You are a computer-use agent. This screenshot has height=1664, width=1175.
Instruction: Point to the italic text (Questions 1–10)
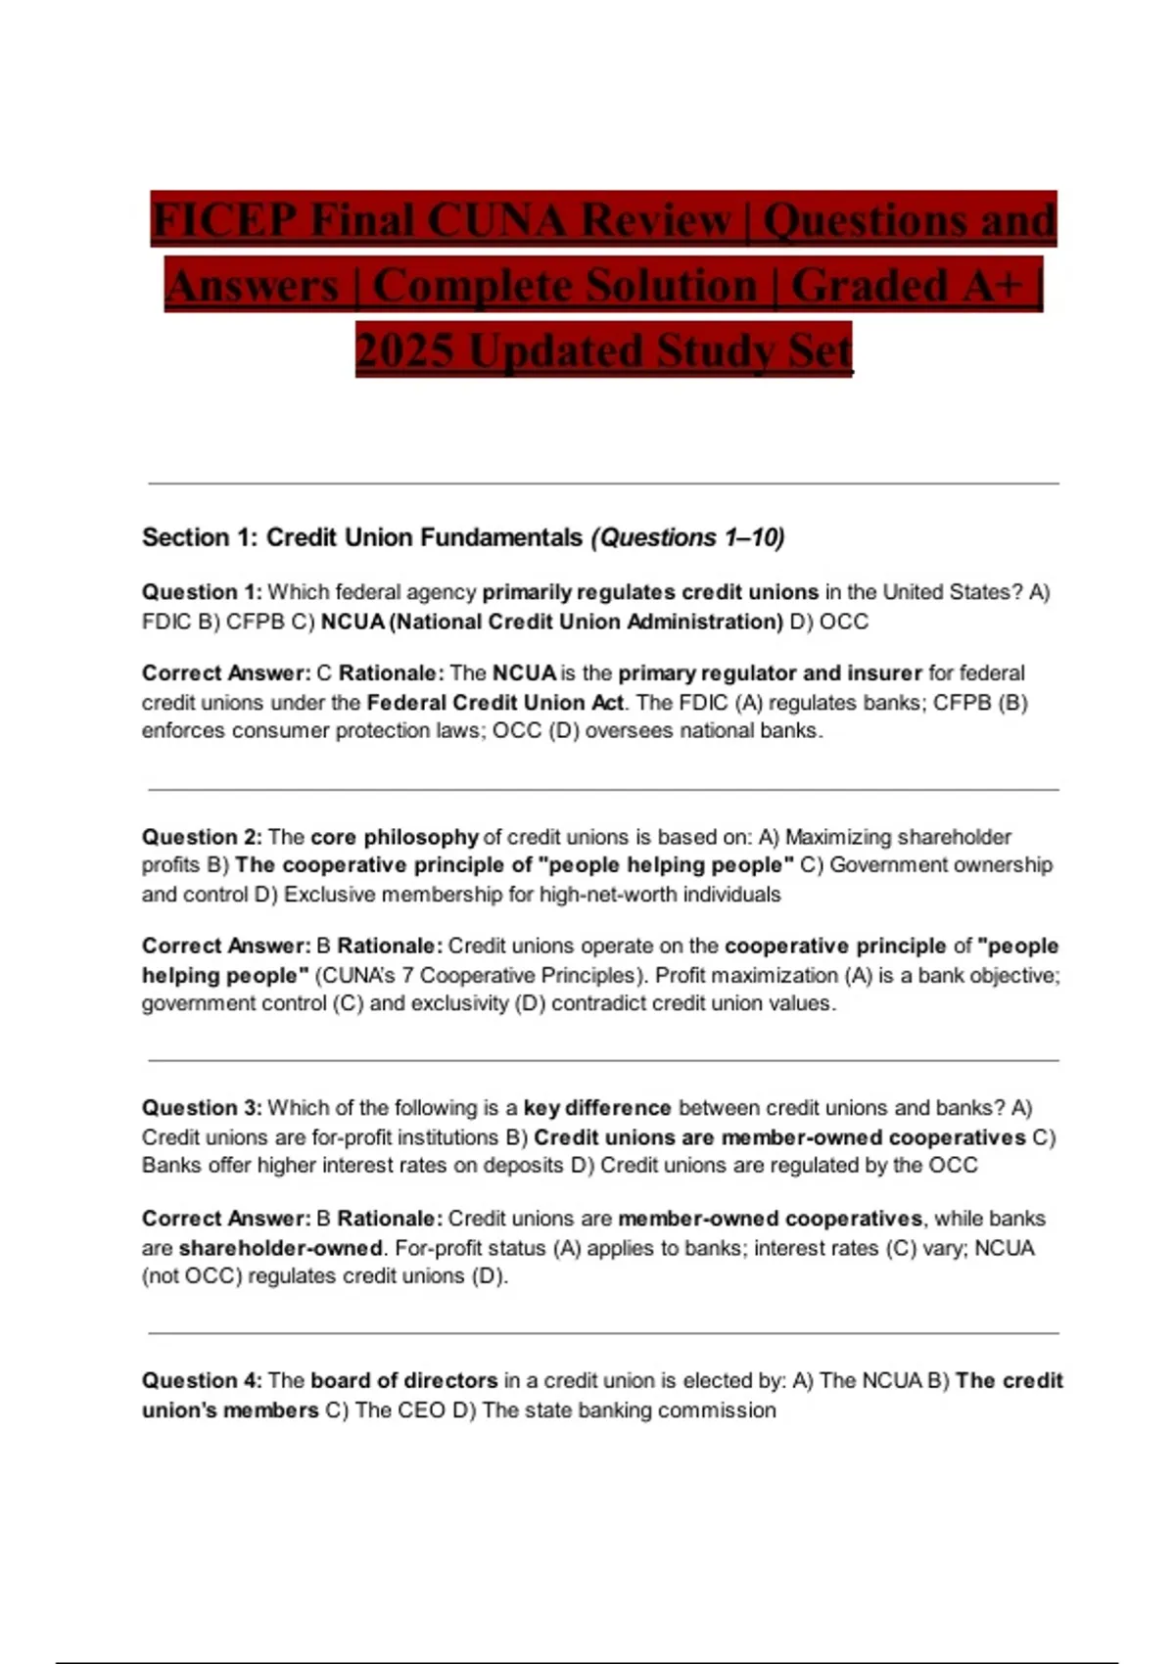(687, 537)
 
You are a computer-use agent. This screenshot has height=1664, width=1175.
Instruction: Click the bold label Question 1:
(202, 592)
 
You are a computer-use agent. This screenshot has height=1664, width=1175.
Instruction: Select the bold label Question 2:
(202, 837)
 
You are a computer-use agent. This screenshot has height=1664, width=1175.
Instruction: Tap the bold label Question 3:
(202, 1108)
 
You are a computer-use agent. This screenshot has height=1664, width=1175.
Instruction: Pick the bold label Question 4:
(202, 1380)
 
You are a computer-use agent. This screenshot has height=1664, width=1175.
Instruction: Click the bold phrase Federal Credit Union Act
(494, 703)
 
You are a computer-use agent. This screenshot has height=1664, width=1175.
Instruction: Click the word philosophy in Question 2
(421, 837)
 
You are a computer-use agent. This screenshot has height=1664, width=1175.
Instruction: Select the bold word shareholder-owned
(281, 1248)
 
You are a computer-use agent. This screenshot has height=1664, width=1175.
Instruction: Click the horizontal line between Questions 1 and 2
(603, 789)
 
